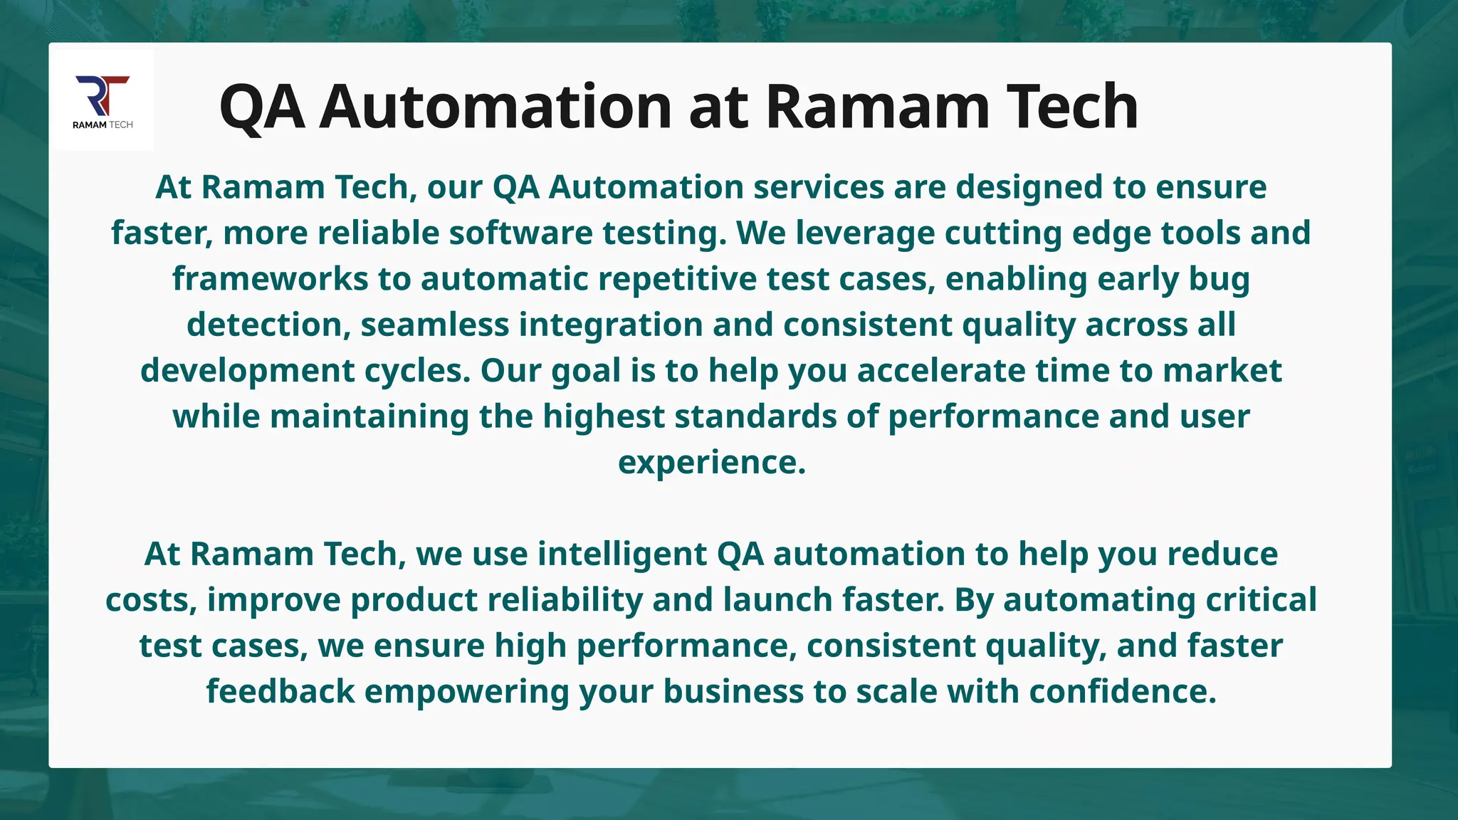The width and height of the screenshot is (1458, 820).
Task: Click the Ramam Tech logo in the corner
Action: coord(103,100)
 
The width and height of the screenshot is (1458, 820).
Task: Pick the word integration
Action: coord(611,325)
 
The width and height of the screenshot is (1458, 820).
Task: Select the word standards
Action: coord(755,416)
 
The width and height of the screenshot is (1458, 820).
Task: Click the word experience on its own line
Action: coord(711,463)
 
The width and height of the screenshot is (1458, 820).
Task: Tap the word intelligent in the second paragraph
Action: coord(622,554)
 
